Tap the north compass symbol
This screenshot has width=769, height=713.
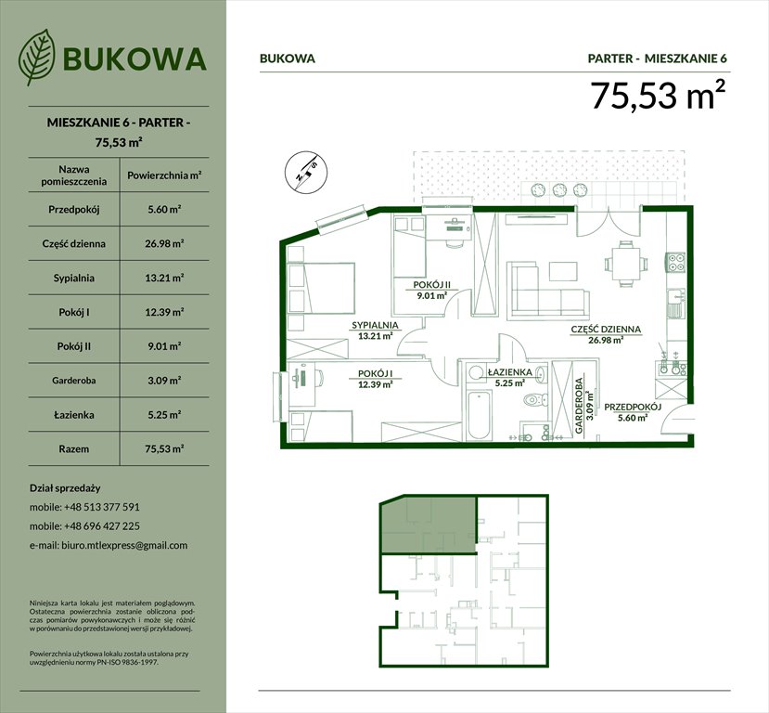tap(304, 172)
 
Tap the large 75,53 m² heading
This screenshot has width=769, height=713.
tap(658, 96)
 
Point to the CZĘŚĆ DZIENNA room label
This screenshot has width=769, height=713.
tap(605, 330)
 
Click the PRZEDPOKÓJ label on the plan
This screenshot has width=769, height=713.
tap(632, 408)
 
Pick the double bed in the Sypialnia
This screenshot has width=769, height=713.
tap(322, 290)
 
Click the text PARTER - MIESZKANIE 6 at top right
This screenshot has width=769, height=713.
tap(658, 58)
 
